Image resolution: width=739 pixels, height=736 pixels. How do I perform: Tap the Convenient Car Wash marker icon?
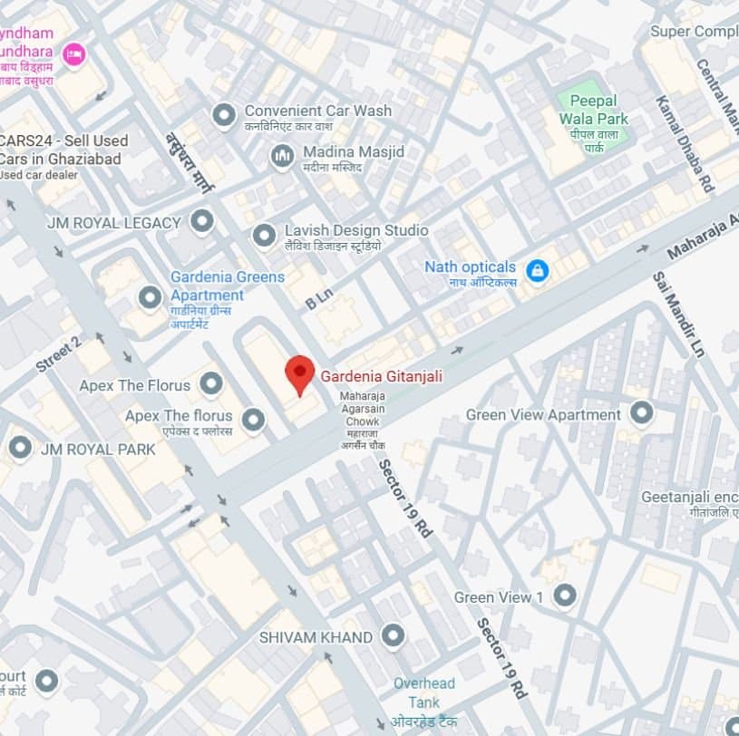click(223, 115)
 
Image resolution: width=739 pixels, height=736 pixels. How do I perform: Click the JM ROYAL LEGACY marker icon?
click(201, 221)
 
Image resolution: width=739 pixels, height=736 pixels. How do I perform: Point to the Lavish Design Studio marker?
click(264, 236)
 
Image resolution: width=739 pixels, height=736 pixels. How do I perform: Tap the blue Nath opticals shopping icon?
click(537, 270)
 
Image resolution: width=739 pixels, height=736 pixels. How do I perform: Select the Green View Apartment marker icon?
click(642, 414)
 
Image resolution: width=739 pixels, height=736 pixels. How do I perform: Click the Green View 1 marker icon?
click(565, 596)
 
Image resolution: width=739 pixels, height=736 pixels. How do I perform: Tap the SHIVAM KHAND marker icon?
click(393, 636)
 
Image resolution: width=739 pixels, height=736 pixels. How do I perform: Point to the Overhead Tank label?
click(424, 693)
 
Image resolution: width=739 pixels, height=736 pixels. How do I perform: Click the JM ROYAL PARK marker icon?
click(20, 448)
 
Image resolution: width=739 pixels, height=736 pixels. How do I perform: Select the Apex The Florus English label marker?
click(211, 384)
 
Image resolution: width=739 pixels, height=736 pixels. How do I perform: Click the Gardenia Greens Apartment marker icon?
click(150, 296)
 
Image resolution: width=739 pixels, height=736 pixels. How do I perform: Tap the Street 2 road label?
click(59, 353)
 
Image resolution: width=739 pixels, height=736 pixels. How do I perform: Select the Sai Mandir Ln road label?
click(677, 314)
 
